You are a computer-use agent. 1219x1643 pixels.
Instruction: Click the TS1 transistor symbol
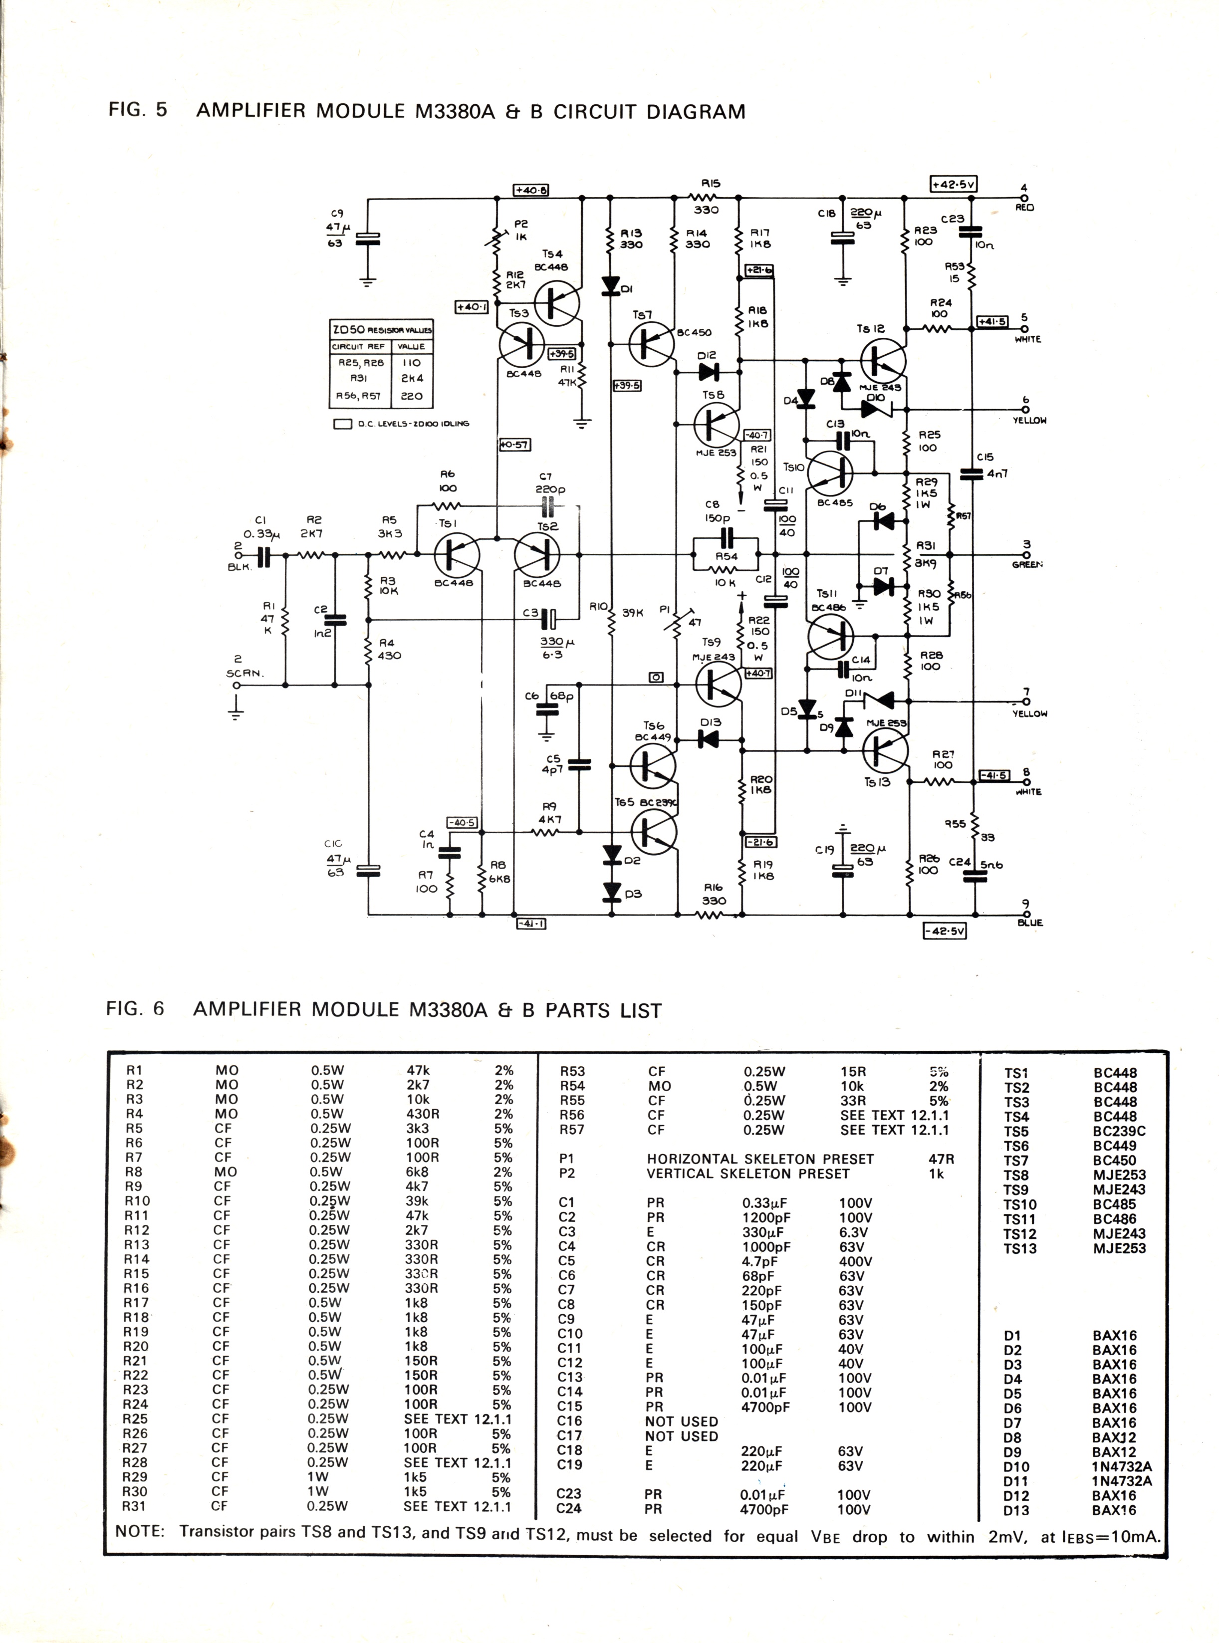456,555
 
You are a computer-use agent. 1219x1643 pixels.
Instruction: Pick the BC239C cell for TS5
1119,1131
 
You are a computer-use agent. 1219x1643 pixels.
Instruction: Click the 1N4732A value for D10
1122,1467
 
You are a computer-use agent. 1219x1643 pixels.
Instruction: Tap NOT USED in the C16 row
681,1421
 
